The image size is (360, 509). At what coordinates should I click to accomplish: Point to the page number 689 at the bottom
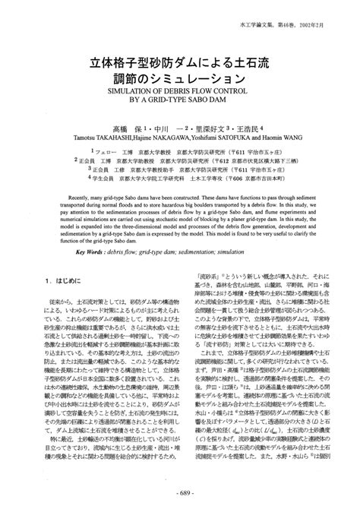(x=180, y=495)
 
